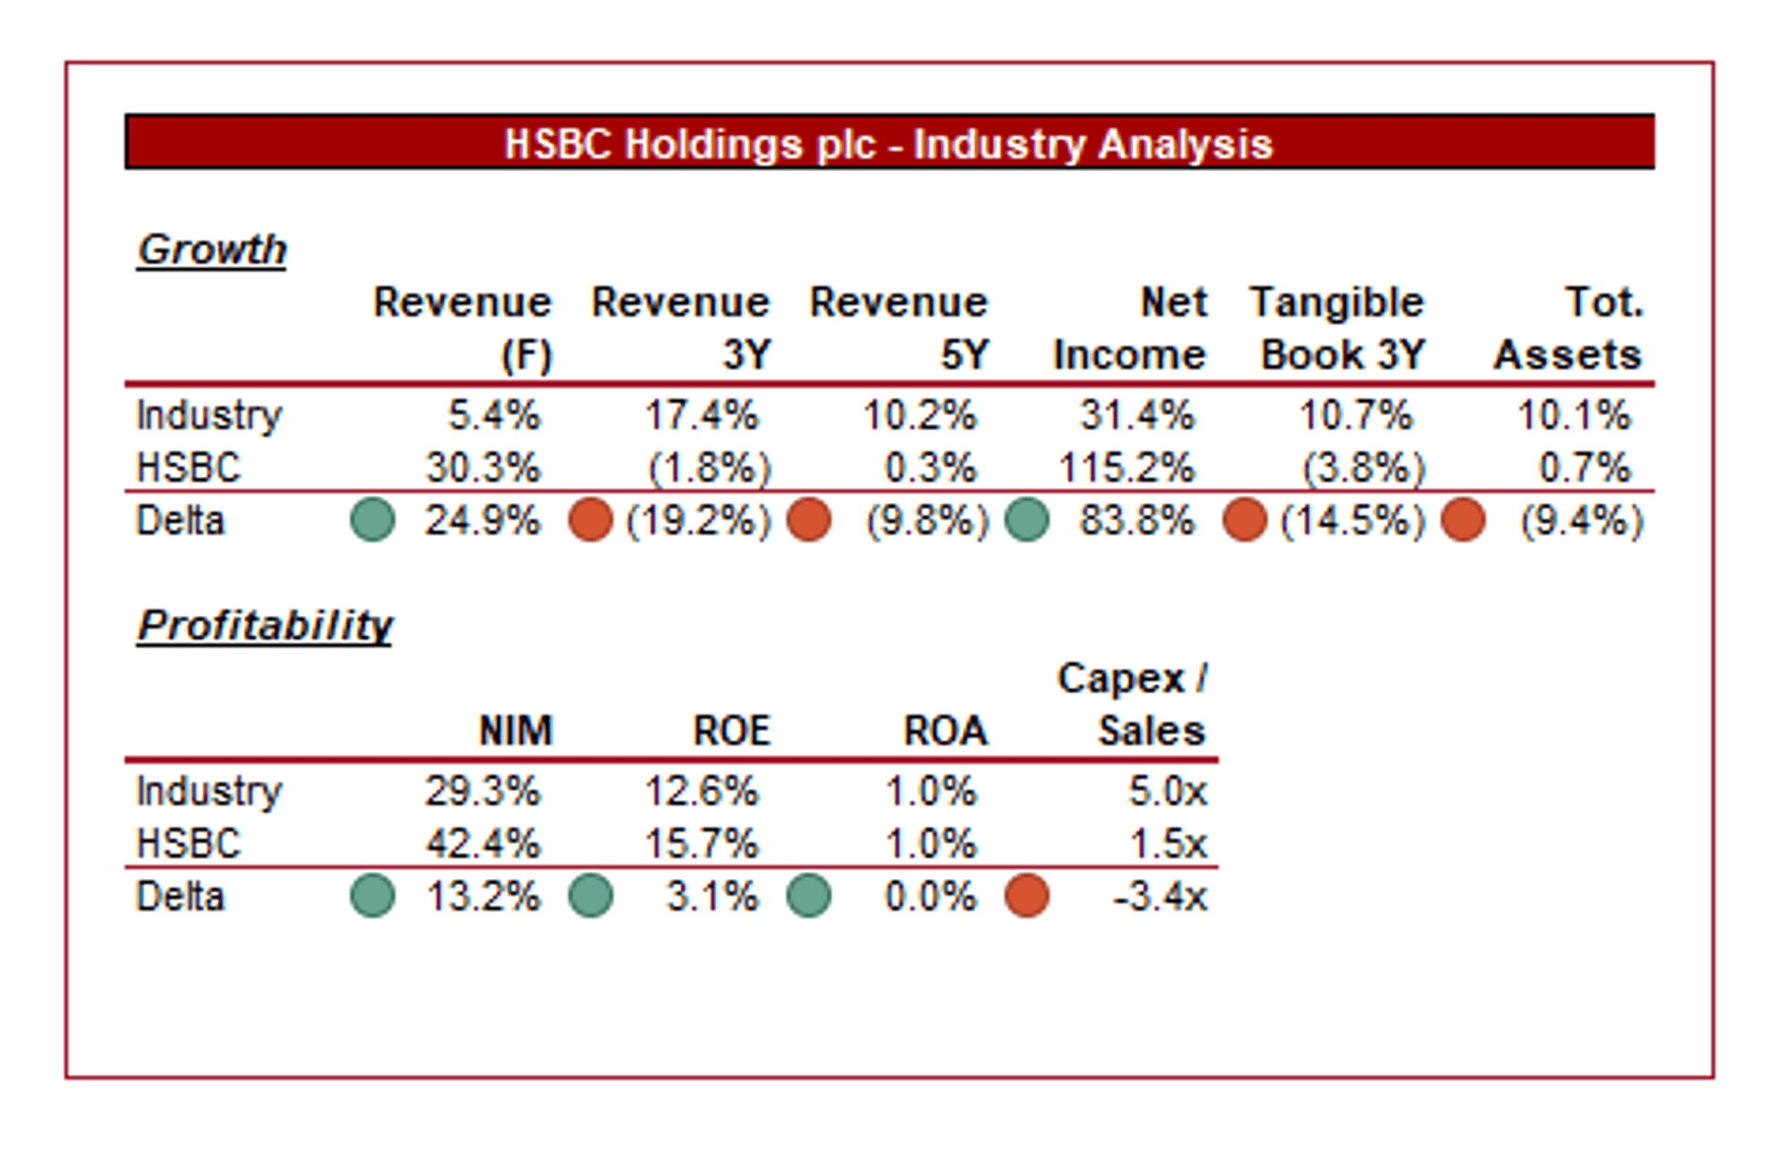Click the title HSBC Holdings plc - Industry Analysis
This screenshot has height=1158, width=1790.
888,143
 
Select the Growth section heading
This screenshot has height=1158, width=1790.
212,249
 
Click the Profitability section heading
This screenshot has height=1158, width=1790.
265,625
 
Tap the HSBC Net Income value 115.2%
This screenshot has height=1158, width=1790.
1126,467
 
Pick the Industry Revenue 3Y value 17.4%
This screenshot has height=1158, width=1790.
701,415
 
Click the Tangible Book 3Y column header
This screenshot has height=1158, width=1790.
1337,328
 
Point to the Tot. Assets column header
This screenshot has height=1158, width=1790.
1568,328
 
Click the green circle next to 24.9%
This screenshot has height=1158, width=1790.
372,520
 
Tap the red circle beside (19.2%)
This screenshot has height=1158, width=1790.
591,520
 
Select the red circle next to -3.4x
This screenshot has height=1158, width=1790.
1027,896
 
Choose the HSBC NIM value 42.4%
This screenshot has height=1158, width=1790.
482,843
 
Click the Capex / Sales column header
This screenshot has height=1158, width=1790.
1133,703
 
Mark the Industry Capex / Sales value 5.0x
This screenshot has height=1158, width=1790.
1167,791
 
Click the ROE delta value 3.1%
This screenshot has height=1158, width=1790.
712,896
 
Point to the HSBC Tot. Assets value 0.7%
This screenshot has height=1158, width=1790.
1584,467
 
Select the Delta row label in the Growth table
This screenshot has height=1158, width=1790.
180,520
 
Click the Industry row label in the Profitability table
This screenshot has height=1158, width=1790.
209,791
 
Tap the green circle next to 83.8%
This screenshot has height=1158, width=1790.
1027,520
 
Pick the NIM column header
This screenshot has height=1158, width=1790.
516,730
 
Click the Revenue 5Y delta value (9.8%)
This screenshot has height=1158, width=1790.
926,520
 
